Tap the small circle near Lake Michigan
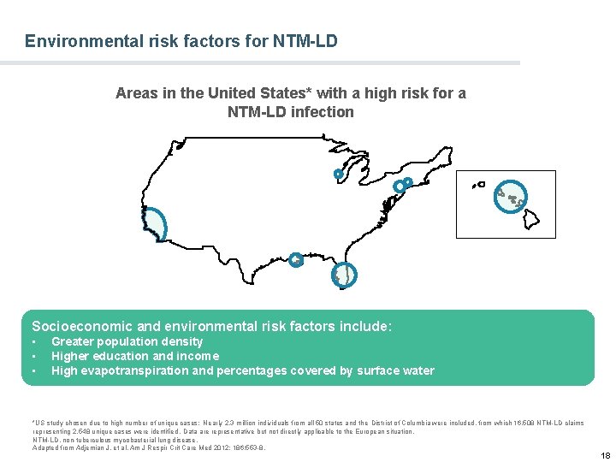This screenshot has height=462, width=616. click(338, 175)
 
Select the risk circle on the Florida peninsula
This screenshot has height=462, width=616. click(343, 275)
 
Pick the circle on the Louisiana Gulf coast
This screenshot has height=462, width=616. click(295, 259)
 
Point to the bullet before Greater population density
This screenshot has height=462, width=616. click(35, 342)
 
